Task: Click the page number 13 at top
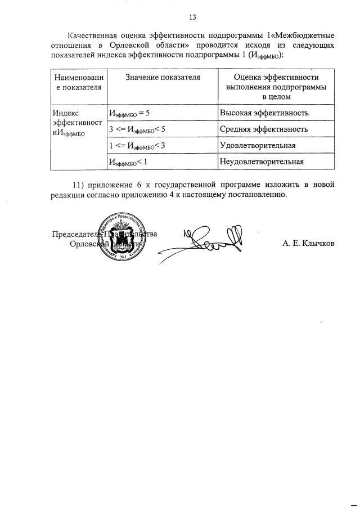point(192,17)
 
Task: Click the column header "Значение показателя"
point(162,78)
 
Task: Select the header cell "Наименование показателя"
point(78,82)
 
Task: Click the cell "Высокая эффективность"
point(264,113)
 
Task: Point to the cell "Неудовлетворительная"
point(262,162)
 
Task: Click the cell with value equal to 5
point(129,114)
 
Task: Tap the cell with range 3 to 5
point(137,130)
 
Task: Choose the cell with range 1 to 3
point(137,146)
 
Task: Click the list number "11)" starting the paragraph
point(81,185)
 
